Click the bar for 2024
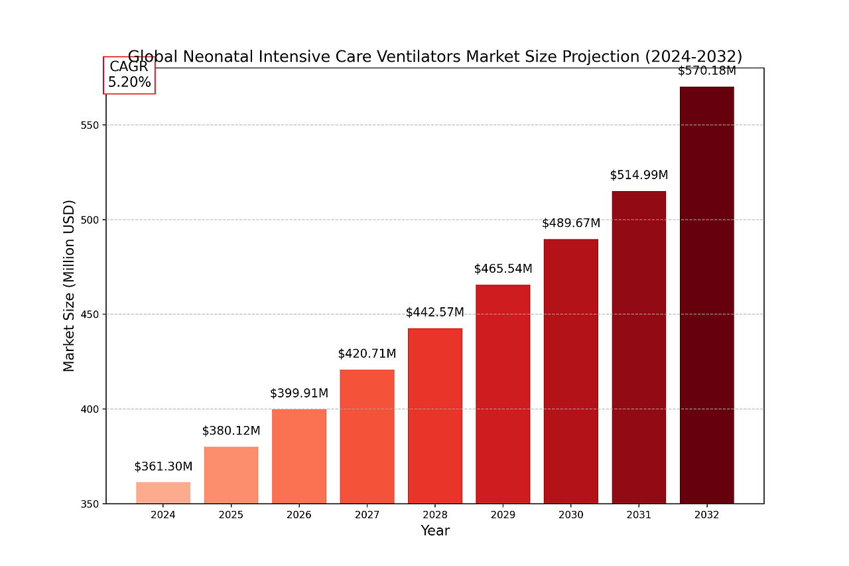[x=163, y=492]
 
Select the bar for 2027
[x=367, y=436]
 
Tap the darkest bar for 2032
[x=706, y=295]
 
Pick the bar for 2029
[x=503, y=393]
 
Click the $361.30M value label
[x=163, y=466]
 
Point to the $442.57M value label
[x=435, y=312]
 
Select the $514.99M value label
[x=639, y=175]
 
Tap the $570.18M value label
[x=706, y=71]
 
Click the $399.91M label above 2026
[x=299, y=393]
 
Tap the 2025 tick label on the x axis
[x=231, y=515]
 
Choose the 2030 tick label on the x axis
[x=571, y=515]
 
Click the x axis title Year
[x=435, y=531]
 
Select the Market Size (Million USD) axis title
[x=69, y=285]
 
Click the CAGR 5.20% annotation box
[x=129, y=75]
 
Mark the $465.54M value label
[x=503, y=269]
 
